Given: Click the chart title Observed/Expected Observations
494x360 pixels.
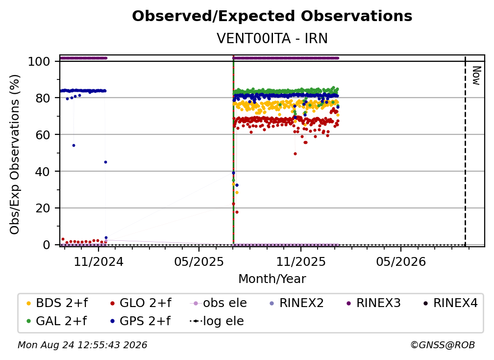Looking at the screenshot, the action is [272, 16].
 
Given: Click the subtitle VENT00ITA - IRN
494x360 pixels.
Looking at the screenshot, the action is [272, 38].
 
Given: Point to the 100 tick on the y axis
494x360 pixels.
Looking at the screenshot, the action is [39, 61].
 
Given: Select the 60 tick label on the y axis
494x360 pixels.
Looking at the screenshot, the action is [43, 134].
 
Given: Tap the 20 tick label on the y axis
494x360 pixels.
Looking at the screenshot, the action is [43, 208].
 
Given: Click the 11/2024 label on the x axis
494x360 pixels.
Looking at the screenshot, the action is [99, 261].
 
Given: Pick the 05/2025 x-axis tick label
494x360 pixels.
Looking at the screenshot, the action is [199, 261].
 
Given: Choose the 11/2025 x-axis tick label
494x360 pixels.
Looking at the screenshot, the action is [301, 261].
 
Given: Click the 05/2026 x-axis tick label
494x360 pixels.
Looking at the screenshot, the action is [401, 261].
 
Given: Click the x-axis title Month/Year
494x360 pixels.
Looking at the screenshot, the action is [272, 279].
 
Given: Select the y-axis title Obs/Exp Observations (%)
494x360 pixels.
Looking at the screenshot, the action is [15, 154].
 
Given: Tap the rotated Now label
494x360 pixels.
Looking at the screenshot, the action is [476, 76].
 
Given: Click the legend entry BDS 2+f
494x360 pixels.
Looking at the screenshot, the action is [57, 303].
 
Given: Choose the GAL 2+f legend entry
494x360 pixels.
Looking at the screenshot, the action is [57, 321].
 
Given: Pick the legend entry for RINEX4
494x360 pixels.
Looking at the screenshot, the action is [450, 303].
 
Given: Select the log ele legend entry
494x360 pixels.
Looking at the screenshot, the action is [217, 321].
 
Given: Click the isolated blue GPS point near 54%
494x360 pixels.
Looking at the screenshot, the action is [74, 145].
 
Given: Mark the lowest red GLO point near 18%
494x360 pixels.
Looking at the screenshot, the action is [237, 212].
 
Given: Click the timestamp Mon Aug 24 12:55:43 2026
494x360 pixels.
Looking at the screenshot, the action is [82, 345].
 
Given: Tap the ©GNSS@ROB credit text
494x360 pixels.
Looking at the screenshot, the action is [443, 345].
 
